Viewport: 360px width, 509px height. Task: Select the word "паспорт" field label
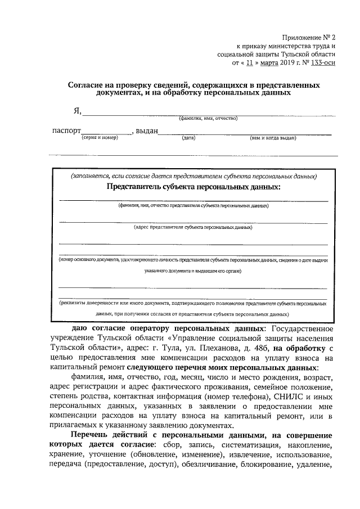pos(65,131)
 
